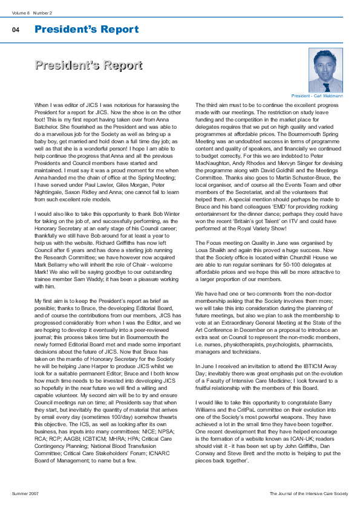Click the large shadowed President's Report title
[88, 65]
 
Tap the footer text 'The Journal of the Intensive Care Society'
[309, 494]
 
